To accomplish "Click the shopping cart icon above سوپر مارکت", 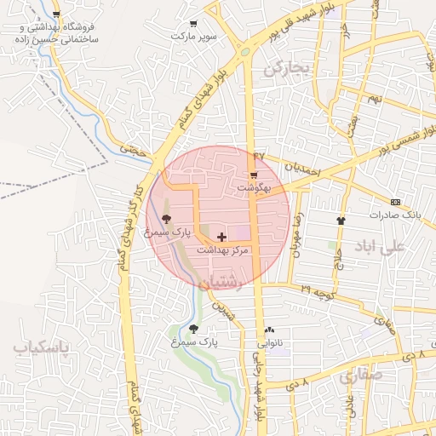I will (x=193, y=24).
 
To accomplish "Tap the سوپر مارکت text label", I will (x=193, y=37).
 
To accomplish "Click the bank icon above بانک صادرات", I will (x=395, y=202).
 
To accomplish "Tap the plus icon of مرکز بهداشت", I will (x=222, y=236).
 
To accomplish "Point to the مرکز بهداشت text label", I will (x=222, y=250).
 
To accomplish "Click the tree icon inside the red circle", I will (x=165, y=219).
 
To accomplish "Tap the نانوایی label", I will (x=270, y=343).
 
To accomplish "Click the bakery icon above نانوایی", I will (x=270, y=330).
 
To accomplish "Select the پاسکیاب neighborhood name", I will (x=41, y=347).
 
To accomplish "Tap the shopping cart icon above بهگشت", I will (x=253, y=175).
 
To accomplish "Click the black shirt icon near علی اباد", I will (x=341, y=219).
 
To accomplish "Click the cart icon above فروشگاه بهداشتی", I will (x=56, y=15).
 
